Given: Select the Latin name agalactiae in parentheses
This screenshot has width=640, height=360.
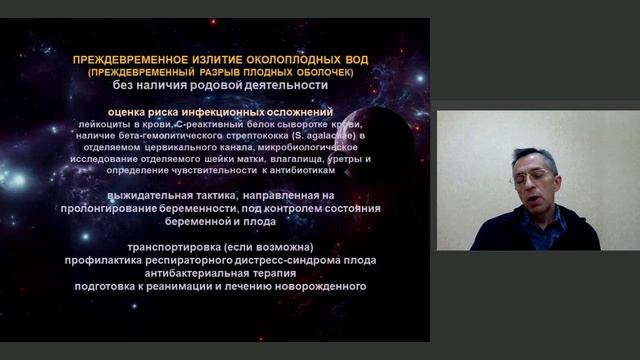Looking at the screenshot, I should (x=340, y=134).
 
